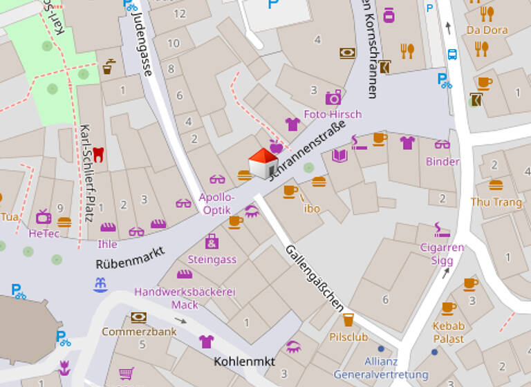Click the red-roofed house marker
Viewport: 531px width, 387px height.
[x=263, y=163]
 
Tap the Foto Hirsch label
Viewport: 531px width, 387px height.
[x=333, y=114]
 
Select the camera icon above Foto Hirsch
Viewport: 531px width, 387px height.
[x=333, y=97]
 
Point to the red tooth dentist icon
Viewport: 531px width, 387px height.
[x=97, y=154]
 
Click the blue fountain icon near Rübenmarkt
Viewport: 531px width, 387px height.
[x=101, y=284]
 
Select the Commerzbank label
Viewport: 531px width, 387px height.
[x=139, y=332]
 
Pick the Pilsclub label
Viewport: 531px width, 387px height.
[x=348, y=338]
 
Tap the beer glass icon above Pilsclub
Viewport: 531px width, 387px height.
[x=348, y=319]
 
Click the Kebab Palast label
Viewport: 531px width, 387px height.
[x=449, y=332]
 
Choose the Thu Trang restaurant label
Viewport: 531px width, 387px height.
[x=496, y=202]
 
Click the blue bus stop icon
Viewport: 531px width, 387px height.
[x=452, y=55]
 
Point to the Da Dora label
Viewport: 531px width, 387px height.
[x=487, y=30]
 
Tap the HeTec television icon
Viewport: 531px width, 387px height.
[x=44, y=216]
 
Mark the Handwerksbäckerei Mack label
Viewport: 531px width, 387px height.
[x=185, y=298]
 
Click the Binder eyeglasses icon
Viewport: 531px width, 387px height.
[x=442, y=144]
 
